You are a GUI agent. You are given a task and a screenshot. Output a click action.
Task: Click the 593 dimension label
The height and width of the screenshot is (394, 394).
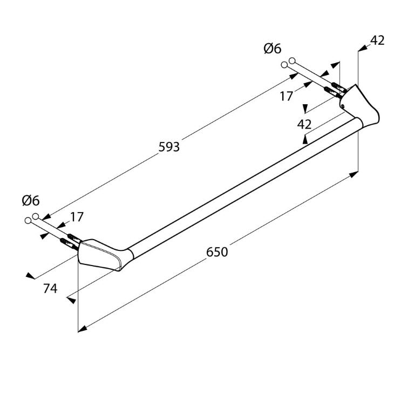168,147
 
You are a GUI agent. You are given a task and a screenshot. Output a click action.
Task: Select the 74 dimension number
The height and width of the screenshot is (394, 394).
50,289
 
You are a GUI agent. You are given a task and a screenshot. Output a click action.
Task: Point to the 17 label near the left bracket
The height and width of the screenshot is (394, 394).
77,217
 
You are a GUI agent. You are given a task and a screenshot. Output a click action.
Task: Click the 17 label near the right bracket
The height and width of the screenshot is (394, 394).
287,96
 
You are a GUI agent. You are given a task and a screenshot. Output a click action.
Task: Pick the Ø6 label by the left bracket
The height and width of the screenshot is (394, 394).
31,201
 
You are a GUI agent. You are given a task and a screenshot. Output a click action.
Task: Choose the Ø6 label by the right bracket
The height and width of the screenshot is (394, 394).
273,49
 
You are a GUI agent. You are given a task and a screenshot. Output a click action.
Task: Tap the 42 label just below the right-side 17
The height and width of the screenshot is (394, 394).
304,124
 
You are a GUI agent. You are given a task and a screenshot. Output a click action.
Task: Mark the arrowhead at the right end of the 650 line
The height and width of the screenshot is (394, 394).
354,174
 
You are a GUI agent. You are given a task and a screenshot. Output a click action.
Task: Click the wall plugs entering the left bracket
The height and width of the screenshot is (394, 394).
69,240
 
